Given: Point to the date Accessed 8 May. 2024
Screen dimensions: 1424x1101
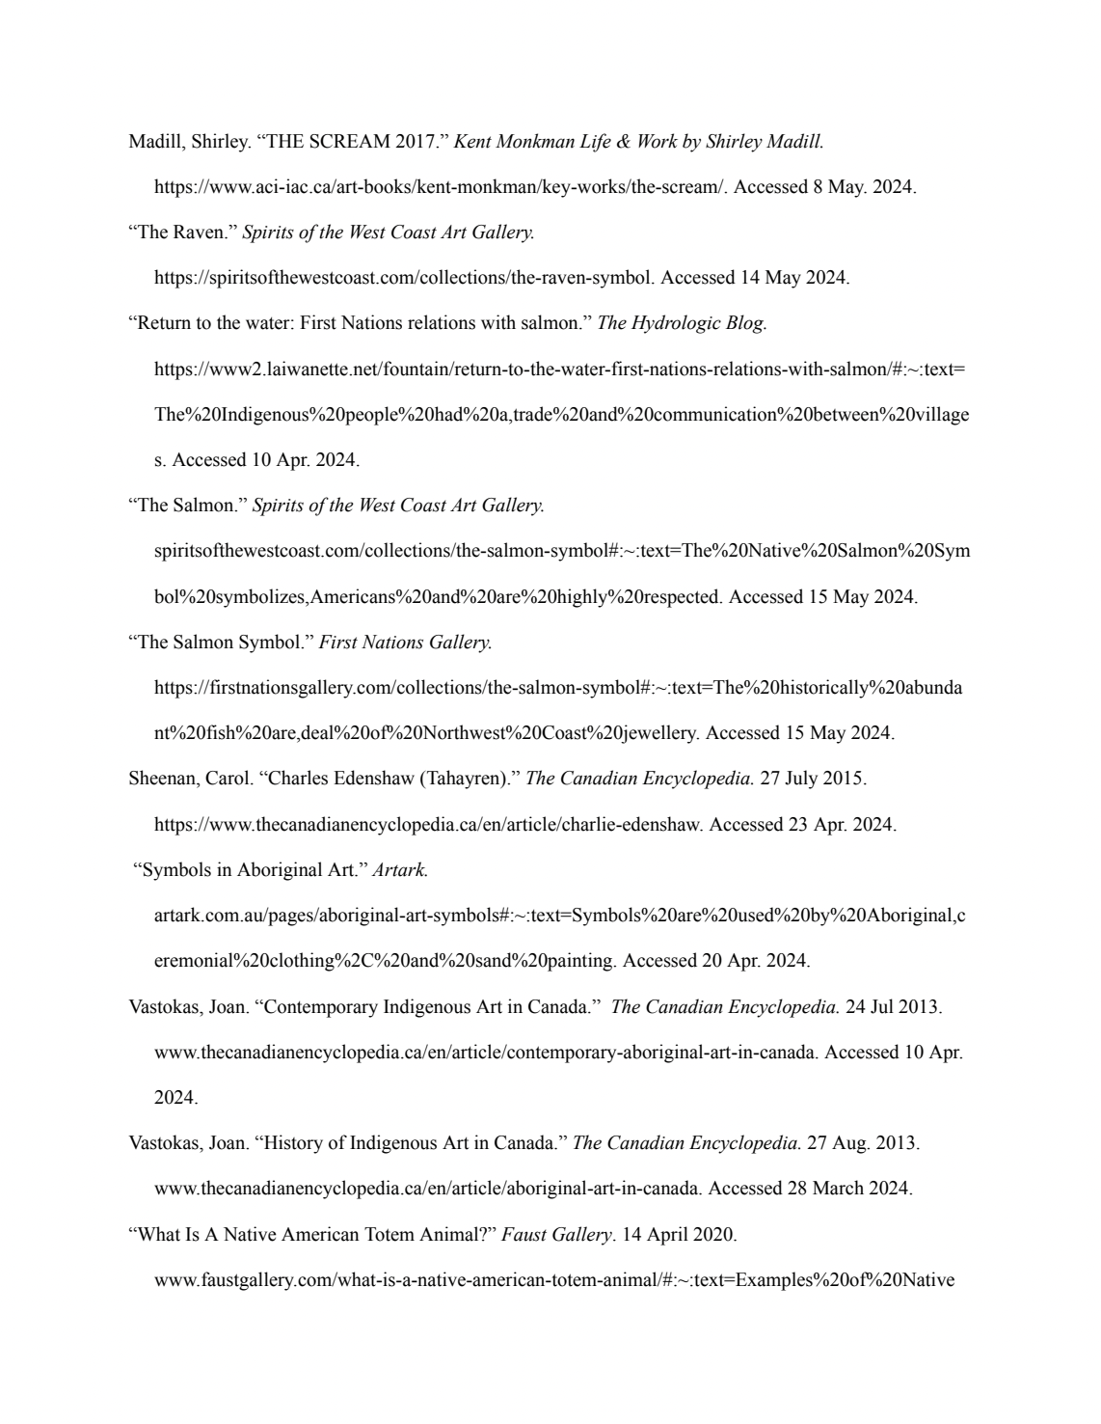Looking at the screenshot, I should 824,188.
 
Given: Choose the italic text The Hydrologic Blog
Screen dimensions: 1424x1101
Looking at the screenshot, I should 683,323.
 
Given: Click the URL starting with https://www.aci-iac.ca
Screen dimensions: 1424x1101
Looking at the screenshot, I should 440,188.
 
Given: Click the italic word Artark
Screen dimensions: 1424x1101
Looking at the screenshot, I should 400,870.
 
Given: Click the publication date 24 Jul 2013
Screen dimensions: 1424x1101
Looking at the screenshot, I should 894,1007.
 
